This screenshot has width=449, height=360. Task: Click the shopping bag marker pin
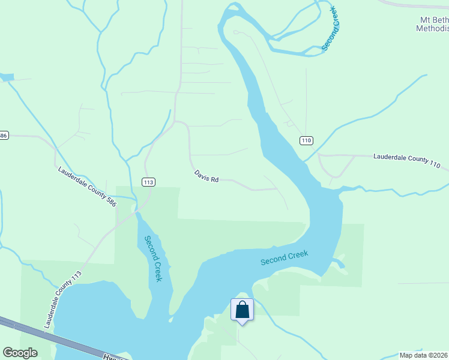click(242, 310)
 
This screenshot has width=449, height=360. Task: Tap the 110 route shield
click(307, 141)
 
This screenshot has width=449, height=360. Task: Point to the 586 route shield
click(3, 136)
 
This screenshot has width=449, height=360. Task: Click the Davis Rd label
click(206, 176)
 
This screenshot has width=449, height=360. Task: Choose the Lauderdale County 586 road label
click(87, 187)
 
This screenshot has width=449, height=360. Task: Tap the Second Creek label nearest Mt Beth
click(331, 28)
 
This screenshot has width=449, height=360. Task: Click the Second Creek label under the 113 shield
click(153, 259)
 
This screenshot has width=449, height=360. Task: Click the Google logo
click(20, 353)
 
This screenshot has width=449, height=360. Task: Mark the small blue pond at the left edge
click(7, 77)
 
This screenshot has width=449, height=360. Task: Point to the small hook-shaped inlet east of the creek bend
click(340, 262)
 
